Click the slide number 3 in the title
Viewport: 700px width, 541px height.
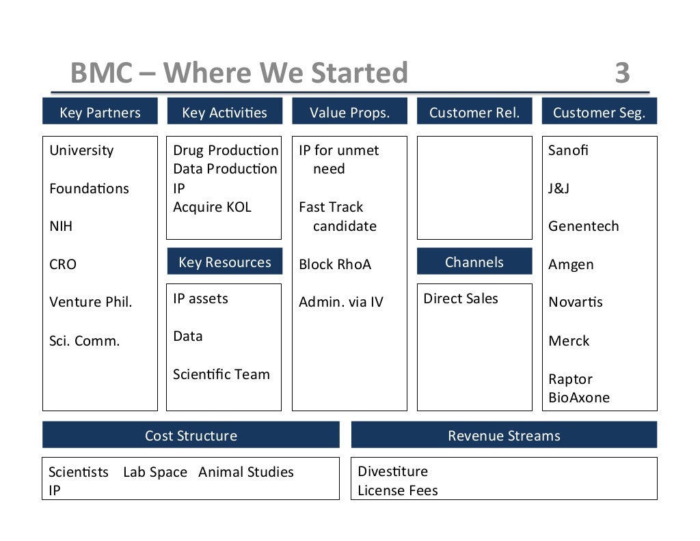click(x=621, y=73)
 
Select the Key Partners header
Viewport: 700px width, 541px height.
click(x=100, y=112)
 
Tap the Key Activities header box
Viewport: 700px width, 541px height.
click(x=224, y=112)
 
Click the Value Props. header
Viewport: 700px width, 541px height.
click(x=349, y=112)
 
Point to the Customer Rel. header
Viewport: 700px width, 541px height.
click(x=474, y=112)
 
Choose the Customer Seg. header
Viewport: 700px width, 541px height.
click(x=599, y=112)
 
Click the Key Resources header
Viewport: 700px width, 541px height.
click(x=224, y=262)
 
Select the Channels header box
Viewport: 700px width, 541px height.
click(x=474, y=262)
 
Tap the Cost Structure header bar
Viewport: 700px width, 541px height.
click(x=191, y=436)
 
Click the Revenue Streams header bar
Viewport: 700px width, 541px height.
click(x=504, y=436)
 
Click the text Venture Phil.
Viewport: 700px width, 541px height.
click(x=91, y=302)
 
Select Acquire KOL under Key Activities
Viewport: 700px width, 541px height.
click(x=212, y=207)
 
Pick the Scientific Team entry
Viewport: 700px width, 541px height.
click(x=221, y=374)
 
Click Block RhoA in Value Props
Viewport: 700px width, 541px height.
click(x=335, y=264)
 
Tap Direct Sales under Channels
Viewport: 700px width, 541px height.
click(x=461, y=299)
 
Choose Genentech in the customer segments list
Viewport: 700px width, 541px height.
click(x=583, y=226)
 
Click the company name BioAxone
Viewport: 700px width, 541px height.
click(x=578, y=398)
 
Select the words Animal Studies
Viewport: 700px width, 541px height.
click(x=246, y=472)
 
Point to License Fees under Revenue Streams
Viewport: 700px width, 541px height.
click(x=398, y=490)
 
